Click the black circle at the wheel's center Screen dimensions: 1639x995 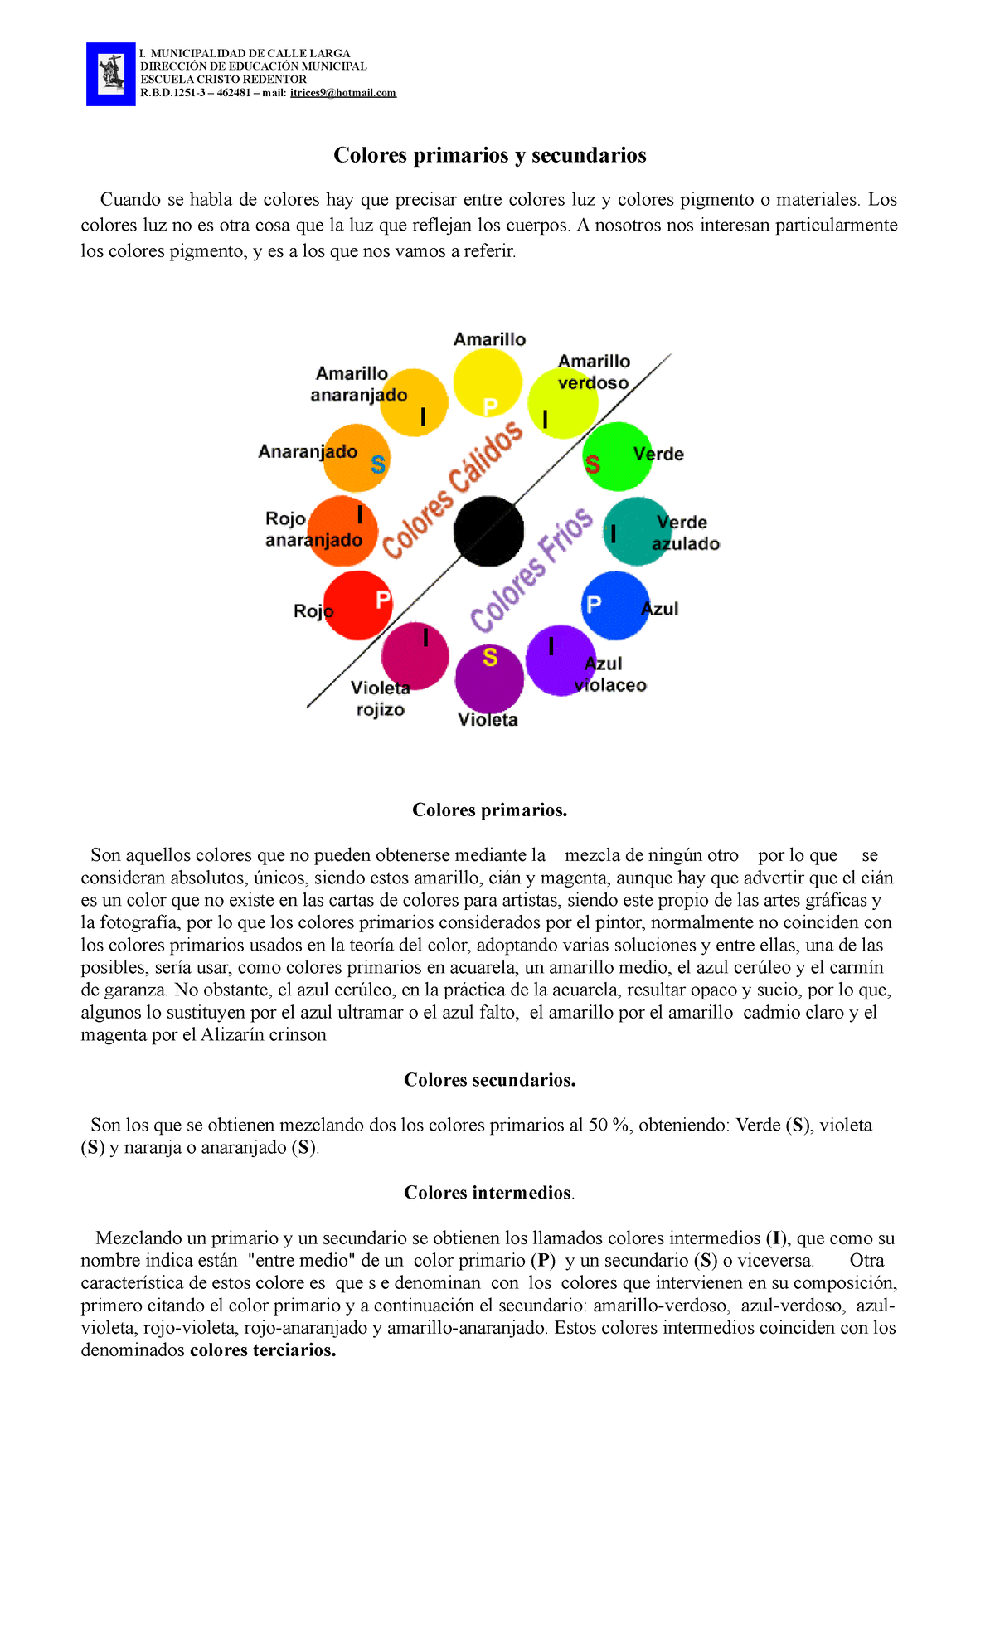pyautogui.click(x=489, y=531)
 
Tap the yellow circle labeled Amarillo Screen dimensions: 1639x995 pyautogui.click(x=488, y=382)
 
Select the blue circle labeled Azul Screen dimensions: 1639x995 pyautogui.click(x=615, y=606)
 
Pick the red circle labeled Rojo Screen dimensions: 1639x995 pyautogui.click(x=357, y=606)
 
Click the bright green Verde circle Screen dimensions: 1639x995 pyautogui.click(x=619, y=456)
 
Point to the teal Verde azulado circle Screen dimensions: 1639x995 pyautogui.click(x=636, y=532)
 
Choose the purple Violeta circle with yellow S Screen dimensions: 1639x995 pyautogui.click(x=489, y=679)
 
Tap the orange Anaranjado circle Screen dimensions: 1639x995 pyautogui.click(x=356, y=458)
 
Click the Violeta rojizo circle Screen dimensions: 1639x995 pyautogui.click(x=415, y=655)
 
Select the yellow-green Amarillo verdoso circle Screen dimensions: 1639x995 pyautogui.click(x=563, y=403)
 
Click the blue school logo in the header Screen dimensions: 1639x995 pyautogui.click(x=111, y=74)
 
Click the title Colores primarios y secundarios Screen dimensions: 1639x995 pyautogui.click(x=489, y=155)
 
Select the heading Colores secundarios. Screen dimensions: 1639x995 pyautogui.click(x=489, y=1080)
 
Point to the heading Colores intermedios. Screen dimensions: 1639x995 pyautogui.click(x=488, y=1193)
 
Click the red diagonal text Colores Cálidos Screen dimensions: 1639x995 pyautogui.click(x=452, y=489)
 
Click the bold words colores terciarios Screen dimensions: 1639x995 pyautogui.click(x=263, y=1350)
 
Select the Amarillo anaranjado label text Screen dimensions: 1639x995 pyautogui.click(x=357, y=384)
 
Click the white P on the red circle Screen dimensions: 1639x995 pyautogui.click(x=382, y=599)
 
